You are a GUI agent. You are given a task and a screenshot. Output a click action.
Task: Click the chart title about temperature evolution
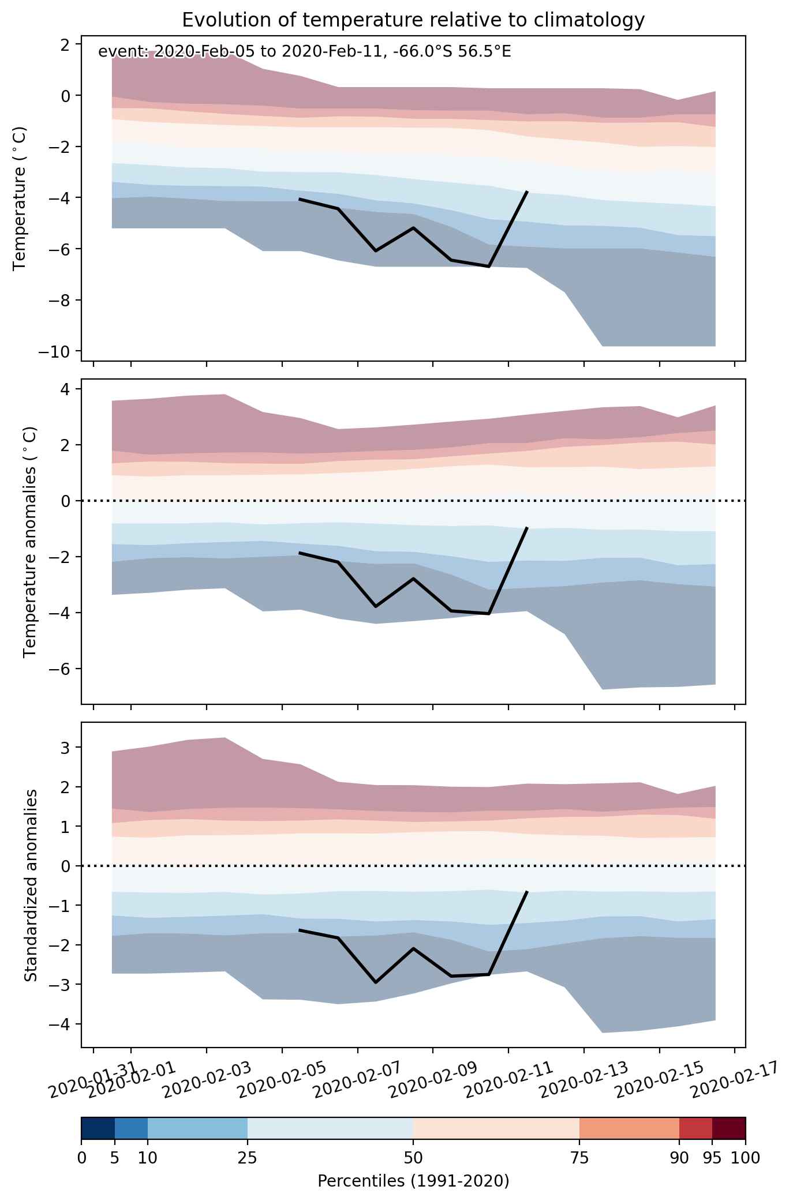click(413, 20)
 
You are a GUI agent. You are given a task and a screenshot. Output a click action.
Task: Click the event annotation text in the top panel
click(305, 52)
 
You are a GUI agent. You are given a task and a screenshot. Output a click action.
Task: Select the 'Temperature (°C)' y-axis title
click(21, 198)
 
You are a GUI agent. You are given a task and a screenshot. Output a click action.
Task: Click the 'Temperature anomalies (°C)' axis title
click(31, 542)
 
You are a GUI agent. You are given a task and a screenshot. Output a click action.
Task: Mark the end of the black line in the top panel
click(527, 191)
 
